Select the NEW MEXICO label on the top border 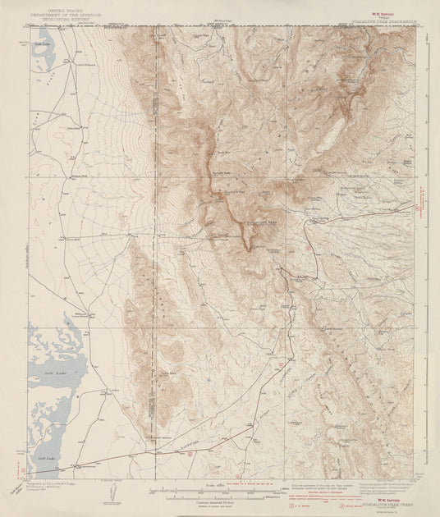coord(220,25)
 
